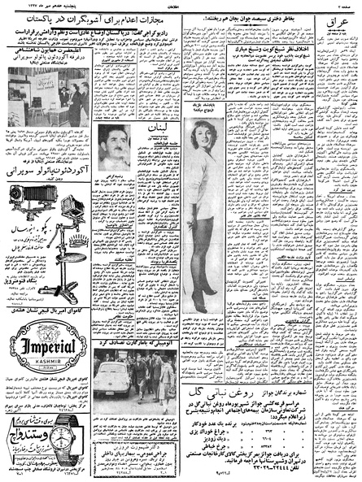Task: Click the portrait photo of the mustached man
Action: (115, 147)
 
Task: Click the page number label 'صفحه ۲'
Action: (346, 5)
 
